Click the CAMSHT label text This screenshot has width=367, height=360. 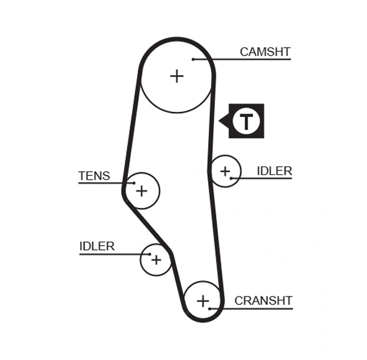[x=265, y=52]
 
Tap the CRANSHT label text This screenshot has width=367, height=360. [x=263, y=301]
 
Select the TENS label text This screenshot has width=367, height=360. [x=94, y=176]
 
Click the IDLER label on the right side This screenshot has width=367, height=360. [x=274, y=171]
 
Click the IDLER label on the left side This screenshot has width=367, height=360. [x=97, y=246]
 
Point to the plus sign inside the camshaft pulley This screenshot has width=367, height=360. [x=177, y=76]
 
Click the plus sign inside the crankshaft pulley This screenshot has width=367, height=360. [x=203, y=301]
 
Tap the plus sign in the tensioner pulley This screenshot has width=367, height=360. [x=141, y=191]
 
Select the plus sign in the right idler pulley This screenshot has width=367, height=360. [x=225, y=171]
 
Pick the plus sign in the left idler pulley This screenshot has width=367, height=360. [x=156, y=260]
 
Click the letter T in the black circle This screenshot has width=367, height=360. [x=246, y=122]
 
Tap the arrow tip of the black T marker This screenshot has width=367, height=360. [x=220, y=122]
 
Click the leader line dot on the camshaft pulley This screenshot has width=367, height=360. [x=193, y=59]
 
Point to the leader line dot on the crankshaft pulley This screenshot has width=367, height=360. [x=210, y=309]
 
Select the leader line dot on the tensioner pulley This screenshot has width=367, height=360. [x=133, y=183]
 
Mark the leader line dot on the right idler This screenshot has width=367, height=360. [x=231, y=178]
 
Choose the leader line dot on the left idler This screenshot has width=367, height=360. [x=150, y=254]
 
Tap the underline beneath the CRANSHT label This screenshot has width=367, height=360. [x=257, y=309]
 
